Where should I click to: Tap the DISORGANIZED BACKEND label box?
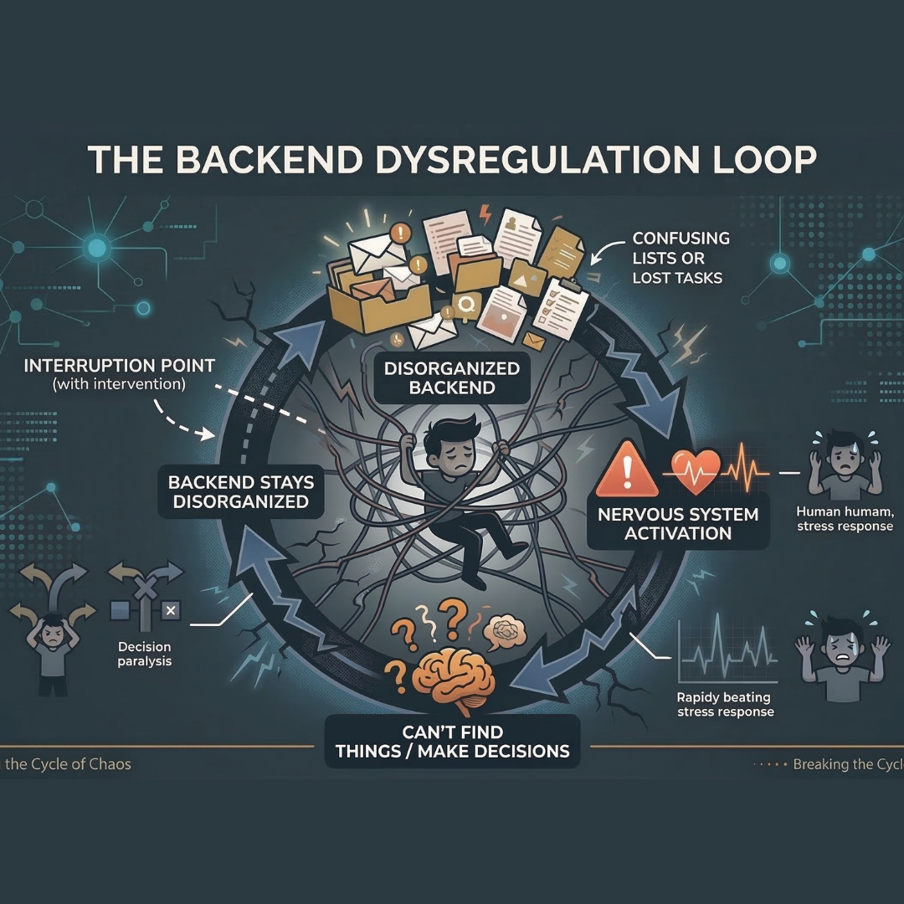(453, 378)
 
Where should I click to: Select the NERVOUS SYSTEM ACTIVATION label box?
(677, 523)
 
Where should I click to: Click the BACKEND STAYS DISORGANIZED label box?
(241, 492)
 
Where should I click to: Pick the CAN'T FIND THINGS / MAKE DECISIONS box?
(452, 740)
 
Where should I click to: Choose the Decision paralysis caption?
(145, 654)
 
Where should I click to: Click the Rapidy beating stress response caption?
(725, 704)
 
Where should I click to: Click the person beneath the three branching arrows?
(51, 652)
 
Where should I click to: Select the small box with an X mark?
(170, 610)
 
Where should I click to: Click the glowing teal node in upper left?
(97, 247)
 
